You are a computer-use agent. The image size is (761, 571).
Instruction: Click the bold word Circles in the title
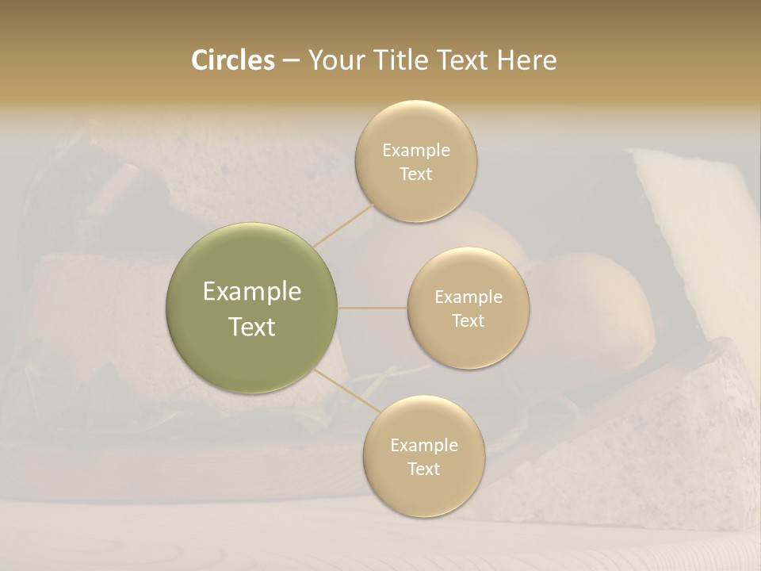[232, 60]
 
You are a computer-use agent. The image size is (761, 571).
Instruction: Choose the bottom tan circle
[423, 496]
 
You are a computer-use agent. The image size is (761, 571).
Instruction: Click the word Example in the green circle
[252, 292]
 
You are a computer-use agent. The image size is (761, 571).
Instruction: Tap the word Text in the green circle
[252, 326]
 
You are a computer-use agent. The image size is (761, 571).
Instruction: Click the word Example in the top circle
[416, 150]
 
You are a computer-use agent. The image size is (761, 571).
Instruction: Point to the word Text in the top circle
[415, 174]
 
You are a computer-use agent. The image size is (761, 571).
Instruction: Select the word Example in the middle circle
[468, 297]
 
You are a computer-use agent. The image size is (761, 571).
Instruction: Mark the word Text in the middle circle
[468, 320]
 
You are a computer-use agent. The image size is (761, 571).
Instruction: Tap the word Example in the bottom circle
[424, 445]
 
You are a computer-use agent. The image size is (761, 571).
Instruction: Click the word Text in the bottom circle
[423, 469]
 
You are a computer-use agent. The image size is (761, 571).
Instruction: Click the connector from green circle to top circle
[342, 225]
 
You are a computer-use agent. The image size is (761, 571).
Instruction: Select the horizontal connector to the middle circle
[373, 308]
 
